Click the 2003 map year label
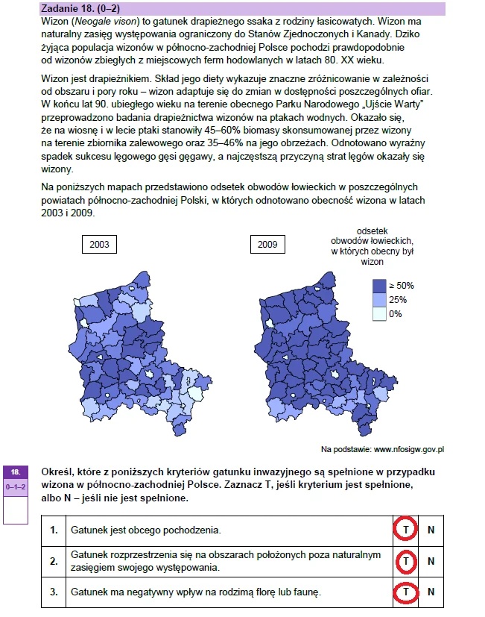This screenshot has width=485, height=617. [x=100, y=244]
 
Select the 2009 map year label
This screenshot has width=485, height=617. [x=267, y=244]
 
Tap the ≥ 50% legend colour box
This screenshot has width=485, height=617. [x=379, y=285]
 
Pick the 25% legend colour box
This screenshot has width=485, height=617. [x=379, y=299]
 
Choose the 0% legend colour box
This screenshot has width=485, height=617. [x=379, y=313]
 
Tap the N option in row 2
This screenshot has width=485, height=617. [x=431, y=560]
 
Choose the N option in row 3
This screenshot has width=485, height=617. [x=431, y=592]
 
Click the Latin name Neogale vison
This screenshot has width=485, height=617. [x=99, y=23]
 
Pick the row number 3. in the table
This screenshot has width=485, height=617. [x=53, y=592]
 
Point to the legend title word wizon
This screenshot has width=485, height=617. [x=372, y=261]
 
